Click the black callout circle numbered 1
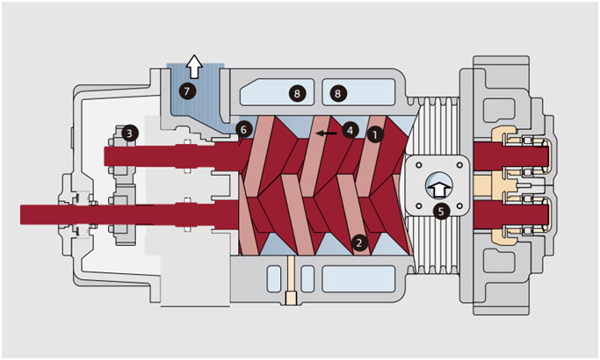(x=375, y=135)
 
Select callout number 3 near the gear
(x=130, y=133)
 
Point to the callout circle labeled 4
(x=350, y=130)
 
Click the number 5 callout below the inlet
(x=441, y=211)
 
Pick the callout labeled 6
(x=245, y=129)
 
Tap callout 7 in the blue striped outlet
(x=184, y=90)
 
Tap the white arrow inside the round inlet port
(x=440, y=185)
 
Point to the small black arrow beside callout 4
(x=328, y=133)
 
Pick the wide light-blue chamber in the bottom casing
(x=356, y=278)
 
